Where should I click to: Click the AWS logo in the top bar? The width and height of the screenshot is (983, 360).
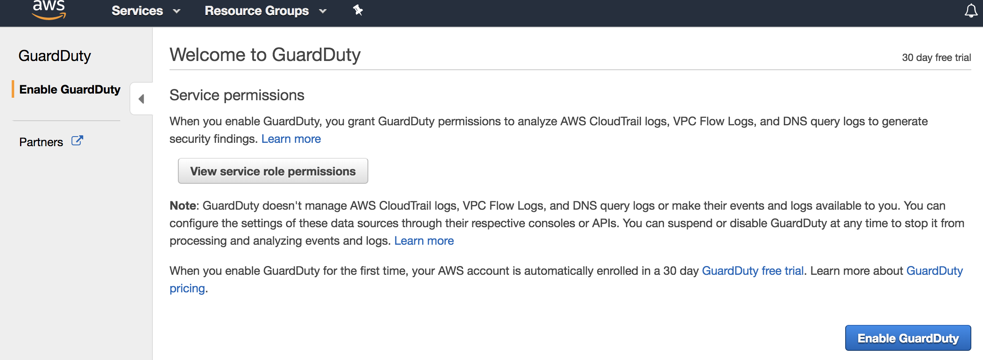coord(49,10)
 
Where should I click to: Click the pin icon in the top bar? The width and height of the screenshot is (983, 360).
coord(358,10)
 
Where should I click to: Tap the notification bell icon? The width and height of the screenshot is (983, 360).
coord(971,11)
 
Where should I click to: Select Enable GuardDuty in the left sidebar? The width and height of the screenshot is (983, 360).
coord(70,89)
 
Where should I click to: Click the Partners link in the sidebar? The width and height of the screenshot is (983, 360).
coord(41,142)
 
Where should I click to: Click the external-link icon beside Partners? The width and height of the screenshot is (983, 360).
coord(77,141)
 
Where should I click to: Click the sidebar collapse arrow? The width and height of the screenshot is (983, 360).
coord(142,99)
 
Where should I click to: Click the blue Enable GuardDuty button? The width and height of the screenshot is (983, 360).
coord(908,338)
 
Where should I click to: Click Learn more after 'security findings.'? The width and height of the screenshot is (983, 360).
coord(291,139)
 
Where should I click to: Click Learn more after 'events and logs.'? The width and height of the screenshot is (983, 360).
coord(424,241)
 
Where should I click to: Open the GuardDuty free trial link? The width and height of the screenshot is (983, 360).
coord(752,271)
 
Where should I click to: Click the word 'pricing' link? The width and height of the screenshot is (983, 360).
coord(187,288)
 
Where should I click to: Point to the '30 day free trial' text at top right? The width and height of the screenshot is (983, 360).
coord(936,58)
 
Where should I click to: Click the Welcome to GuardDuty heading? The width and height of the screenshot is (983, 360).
coord(265,55)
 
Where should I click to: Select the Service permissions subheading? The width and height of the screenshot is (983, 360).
coord(237,95)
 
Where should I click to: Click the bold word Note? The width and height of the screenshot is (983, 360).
coord(182,205)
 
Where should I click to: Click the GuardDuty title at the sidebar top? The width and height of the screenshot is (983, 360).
coord(55,56)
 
